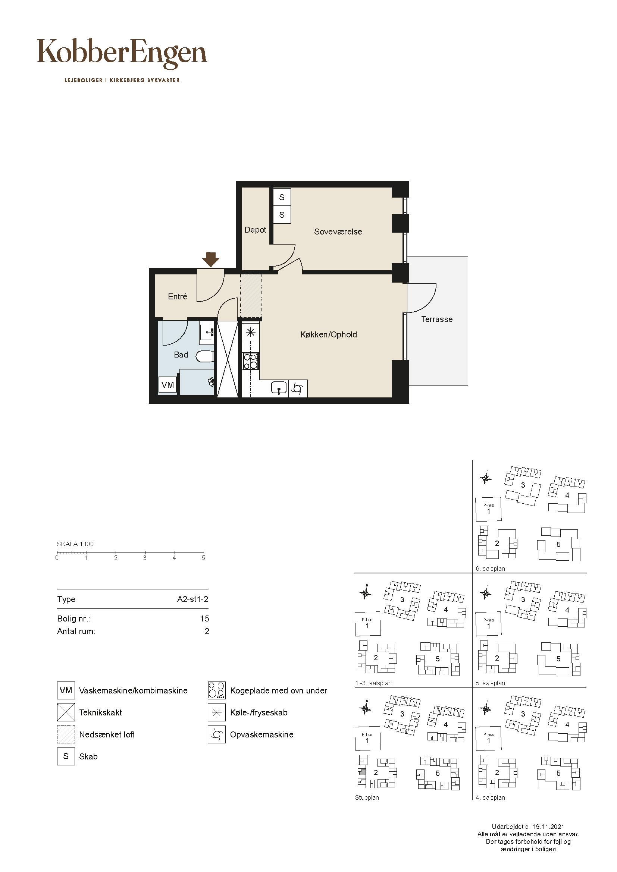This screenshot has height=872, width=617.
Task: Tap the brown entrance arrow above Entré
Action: [x=210, y=259]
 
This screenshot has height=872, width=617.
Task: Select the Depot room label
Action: [x=255, y=230]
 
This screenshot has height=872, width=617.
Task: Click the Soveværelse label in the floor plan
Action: [x=338, y=232]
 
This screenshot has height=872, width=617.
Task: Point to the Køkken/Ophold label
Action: [x=329, y=334]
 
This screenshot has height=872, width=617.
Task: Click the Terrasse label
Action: [x=437, y=319]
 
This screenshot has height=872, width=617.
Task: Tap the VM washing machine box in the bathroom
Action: [x=167, y=385]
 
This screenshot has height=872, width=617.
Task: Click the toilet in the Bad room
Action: [x=205, y=357]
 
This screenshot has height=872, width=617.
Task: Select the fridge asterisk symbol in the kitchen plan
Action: [x=251, y=333]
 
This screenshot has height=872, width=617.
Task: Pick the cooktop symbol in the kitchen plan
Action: [x=251, y=361]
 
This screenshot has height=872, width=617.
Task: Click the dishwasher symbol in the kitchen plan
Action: [x=298, y=388]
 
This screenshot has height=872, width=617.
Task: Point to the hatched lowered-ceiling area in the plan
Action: [x=251, y=296]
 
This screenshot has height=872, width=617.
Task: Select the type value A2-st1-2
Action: [x=192, y=599]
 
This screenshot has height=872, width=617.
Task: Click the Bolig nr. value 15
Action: [x=204, y=619]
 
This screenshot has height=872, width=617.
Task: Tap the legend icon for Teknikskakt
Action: [x=66, y=712]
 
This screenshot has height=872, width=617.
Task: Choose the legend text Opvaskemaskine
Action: [x=262, y=734]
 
